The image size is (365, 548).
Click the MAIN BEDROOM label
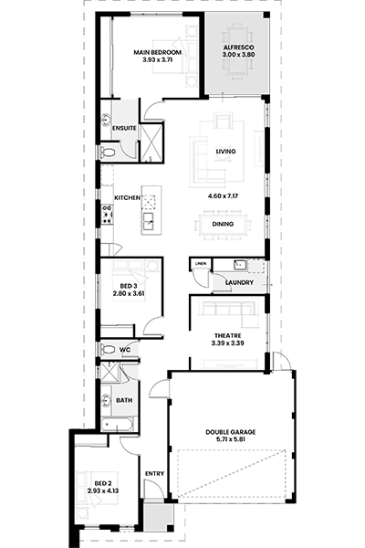(x=158, y=52)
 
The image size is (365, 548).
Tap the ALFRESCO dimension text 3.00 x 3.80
(x=238, y=55)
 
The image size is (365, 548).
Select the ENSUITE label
(x=124, y=128)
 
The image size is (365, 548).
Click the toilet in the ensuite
(x=108, y=153)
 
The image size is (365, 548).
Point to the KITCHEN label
(x=128, y=198)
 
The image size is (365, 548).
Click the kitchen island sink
(x=148, y=221)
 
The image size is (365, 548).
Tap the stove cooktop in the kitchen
(x=107, y=215)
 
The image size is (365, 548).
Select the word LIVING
(x=225, y=152)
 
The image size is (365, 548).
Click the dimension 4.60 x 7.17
(x=223, y=196)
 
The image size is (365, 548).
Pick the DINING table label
(x=223, y=224)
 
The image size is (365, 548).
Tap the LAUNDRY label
(x=239, y=282)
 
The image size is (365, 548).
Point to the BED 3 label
(x=128, y=286)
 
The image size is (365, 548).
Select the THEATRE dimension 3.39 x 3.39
(x=228, y=343)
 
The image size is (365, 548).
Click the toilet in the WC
(x=108, y=349)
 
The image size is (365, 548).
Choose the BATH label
(x=124, y=400)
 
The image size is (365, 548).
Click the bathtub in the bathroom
(x=117, y=425)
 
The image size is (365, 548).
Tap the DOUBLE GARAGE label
(x=231, y=432)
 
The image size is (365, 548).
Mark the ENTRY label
(x=154, y=473)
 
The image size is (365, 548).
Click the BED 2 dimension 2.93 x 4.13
(x=103, y=491)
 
